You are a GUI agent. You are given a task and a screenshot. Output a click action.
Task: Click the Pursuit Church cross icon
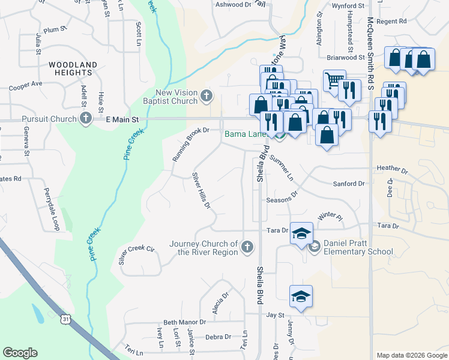86,119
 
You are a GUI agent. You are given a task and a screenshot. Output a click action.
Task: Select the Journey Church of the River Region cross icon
247,247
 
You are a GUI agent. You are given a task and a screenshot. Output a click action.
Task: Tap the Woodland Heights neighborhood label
71,68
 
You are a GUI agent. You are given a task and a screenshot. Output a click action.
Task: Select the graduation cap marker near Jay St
301,296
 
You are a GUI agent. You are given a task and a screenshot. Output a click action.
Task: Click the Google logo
20,353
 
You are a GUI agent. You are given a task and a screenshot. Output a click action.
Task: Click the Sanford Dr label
349,184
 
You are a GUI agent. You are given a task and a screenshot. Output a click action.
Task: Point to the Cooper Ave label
25,85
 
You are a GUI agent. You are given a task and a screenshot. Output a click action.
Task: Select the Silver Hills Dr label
201,191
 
